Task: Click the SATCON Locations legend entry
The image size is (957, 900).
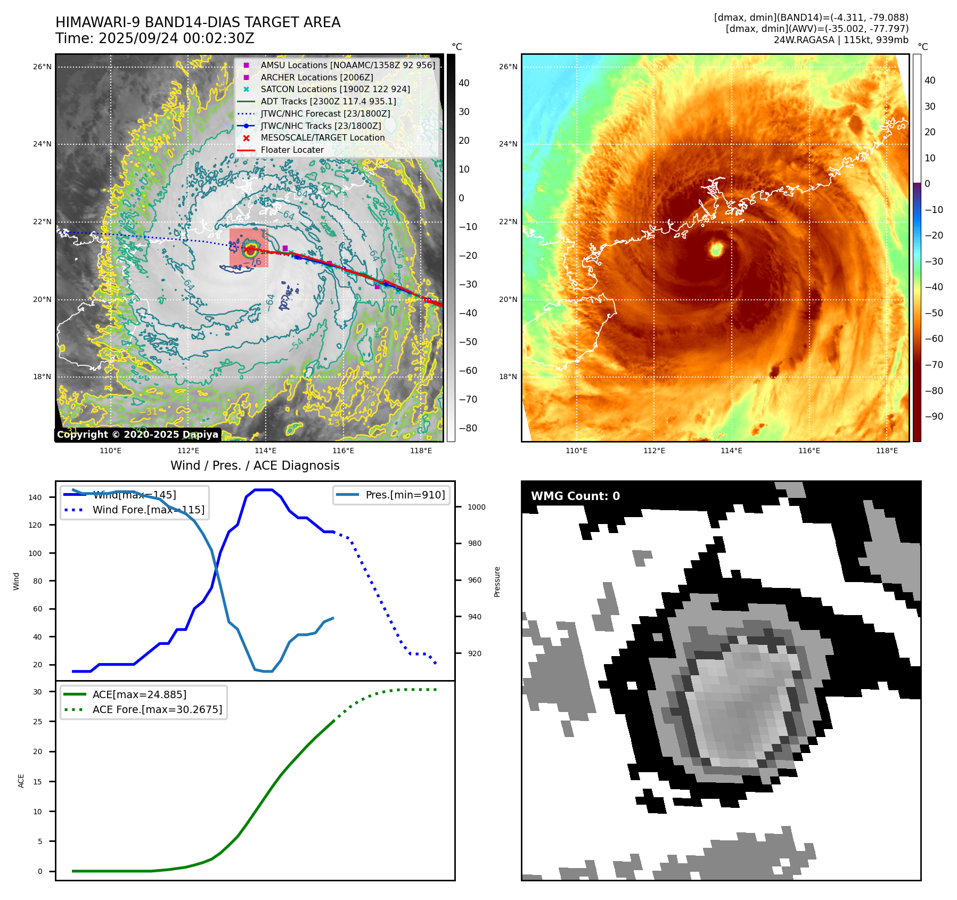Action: (335, 89)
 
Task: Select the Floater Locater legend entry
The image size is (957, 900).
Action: (292, 150)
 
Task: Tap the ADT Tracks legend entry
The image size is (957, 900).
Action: (328, 101)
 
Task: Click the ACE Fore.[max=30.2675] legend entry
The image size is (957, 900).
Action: (157, 709)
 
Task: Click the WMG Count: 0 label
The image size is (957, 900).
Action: (575, 496)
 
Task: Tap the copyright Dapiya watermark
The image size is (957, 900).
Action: (137, 435)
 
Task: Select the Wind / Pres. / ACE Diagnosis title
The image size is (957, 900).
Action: (255, 465)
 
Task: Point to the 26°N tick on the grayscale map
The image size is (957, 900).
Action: (43, 67)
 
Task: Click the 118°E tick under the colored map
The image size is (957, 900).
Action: (887, 451)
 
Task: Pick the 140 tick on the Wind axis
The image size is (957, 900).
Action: (35, 497)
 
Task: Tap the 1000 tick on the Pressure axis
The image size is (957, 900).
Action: (476, 507)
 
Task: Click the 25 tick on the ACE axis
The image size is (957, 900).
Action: (37, 722)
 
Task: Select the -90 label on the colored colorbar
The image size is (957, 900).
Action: (934, 416)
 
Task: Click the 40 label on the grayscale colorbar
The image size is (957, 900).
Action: (464, 83)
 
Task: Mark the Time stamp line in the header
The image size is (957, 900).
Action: (155, 39)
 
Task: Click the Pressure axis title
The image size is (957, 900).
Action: (497, 582)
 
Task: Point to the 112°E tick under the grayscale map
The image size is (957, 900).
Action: (188, 451)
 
